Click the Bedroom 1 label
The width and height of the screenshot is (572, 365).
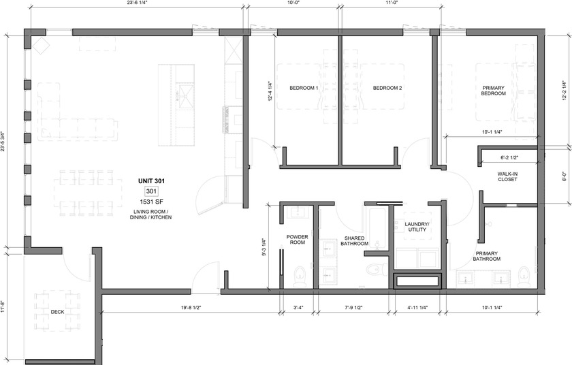point(304,89)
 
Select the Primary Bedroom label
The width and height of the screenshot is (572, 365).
point(494,91)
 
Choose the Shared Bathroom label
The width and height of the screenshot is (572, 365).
point(355,240)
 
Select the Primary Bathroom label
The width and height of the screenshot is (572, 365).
point(487,255)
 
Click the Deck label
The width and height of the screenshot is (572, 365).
point(57,313)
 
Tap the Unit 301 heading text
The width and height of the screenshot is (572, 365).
point(151,181)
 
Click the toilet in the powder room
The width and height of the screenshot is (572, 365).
point(298,275)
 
